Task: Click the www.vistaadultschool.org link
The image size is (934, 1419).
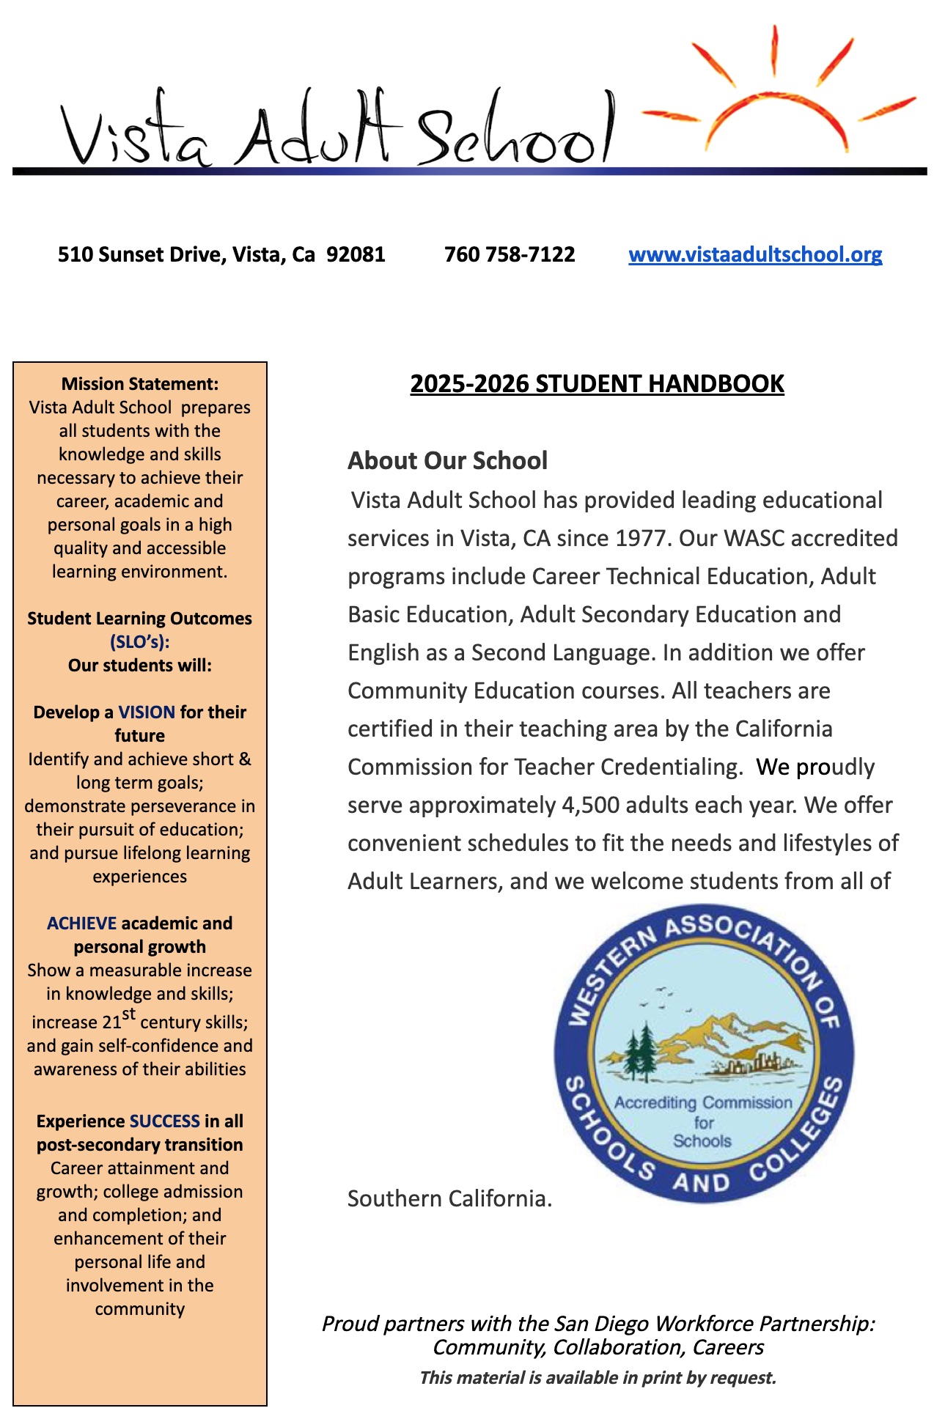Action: coord(755,255)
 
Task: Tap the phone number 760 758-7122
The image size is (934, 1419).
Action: coord(510,255)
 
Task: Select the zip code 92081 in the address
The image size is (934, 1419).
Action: coord(356,255)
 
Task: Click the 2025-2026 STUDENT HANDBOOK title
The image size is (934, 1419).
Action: coord(597,384)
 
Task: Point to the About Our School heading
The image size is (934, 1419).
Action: coord(447,461)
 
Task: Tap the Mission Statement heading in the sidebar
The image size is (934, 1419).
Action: coord(139,384)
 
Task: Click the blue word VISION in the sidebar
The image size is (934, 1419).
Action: coord(147,712)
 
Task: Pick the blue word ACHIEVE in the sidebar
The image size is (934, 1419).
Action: coord(81,924)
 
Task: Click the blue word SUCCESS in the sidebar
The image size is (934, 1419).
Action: coord(164,1121)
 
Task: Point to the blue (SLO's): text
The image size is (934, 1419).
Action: coord(139,642)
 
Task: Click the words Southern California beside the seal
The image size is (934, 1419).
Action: coord(449,1199)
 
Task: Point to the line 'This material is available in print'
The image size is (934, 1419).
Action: coord(597,1378)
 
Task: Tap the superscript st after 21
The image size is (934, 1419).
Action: coord(129,1014)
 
